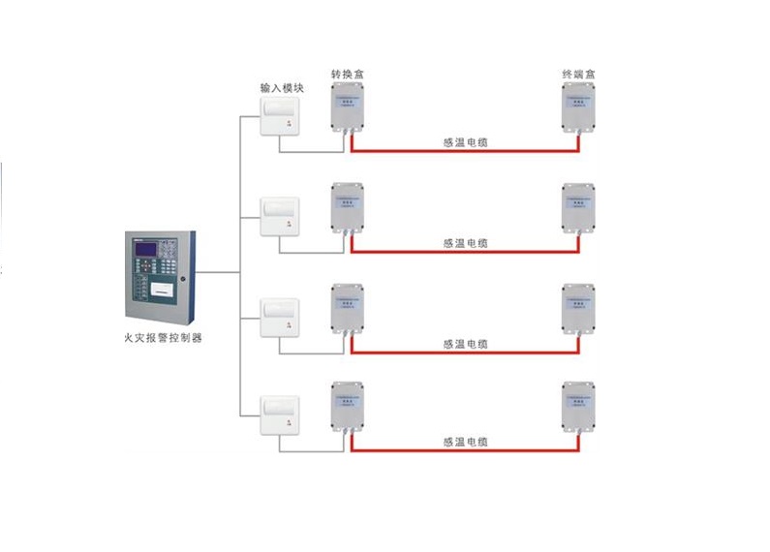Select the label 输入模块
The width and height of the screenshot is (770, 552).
(282, 88)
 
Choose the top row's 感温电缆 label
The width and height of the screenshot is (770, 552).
(465, 142)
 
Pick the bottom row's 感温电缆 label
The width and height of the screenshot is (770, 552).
(465, 442)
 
